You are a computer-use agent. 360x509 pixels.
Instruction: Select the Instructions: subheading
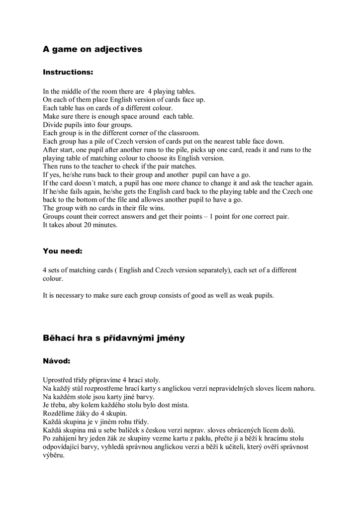click(x=68, y=72)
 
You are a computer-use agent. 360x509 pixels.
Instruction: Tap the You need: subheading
click(x=63, y=251)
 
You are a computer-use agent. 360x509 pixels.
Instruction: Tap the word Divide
click(x=53, y=125)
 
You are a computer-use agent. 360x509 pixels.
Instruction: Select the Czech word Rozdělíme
click(x=59, y=413)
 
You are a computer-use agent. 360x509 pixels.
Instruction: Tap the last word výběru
click(x=54, y=455)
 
